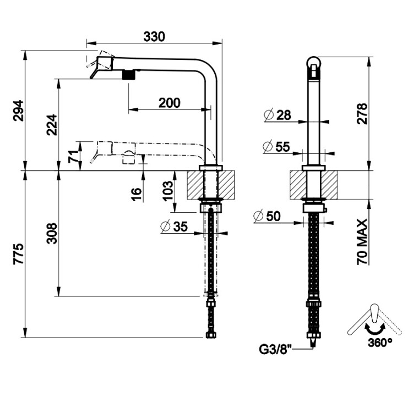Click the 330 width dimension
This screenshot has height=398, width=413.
tap(154, 37)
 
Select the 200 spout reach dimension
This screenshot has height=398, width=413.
tap(170, 102)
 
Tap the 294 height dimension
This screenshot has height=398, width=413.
tap(18, 112)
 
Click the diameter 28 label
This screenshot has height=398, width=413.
tap(277, 115)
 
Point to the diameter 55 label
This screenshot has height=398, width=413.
tap(277, 146)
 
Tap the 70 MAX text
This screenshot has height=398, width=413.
tap(362, 242)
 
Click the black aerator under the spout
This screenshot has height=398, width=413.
tap(129, 75)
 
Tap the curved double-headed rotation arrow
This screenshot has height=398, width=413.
tap(374, 328)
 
